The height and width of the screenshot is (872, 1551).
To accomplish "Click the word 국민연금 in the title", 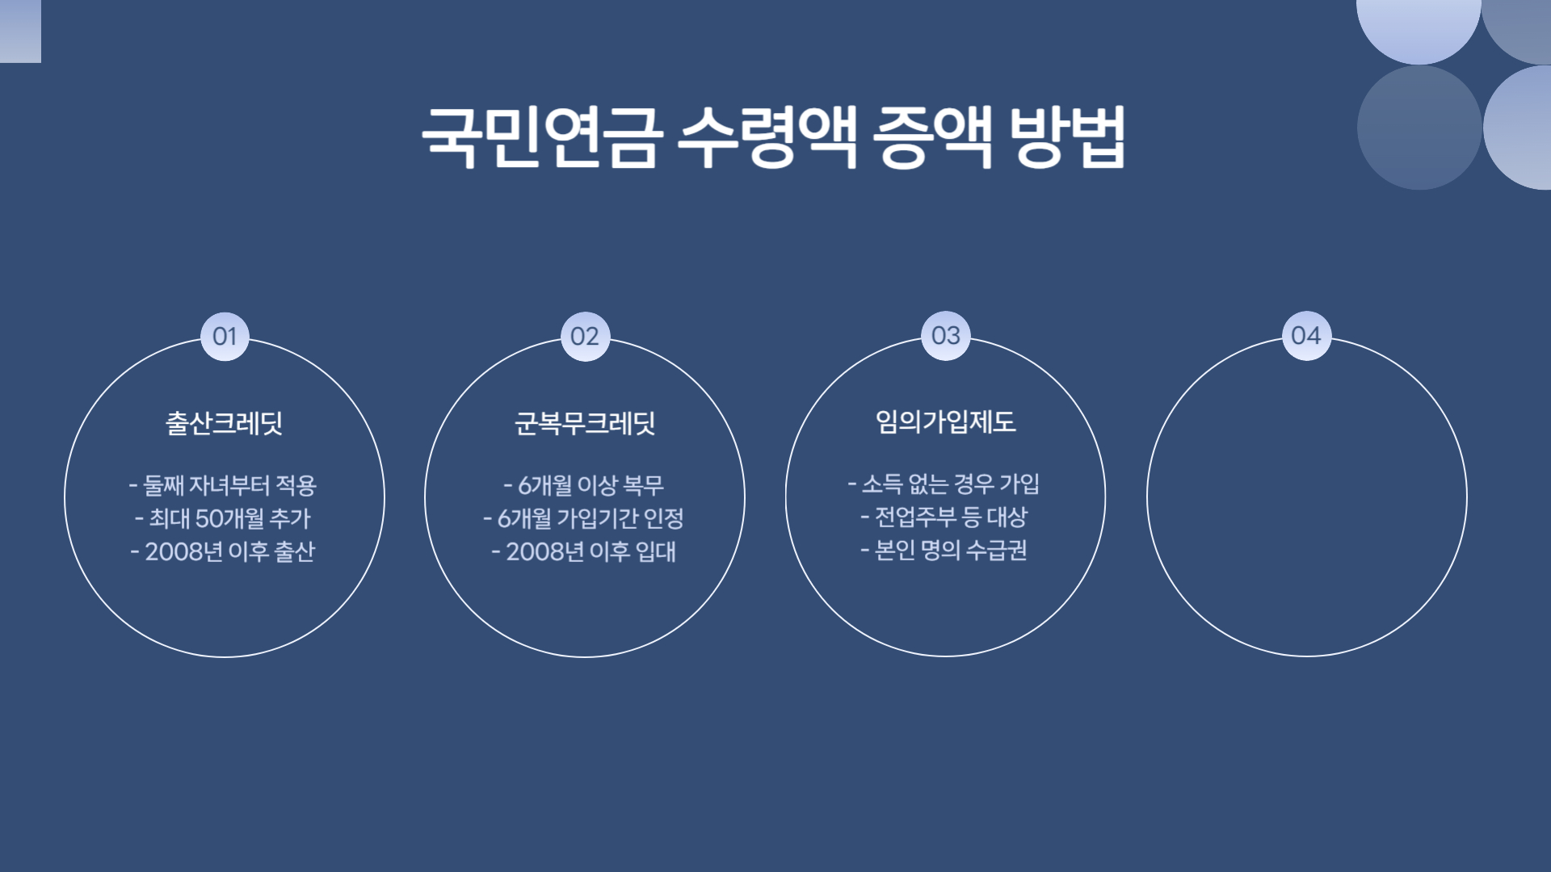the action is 541,137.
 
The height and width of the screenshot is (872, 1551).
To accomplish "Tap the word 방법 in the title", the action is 1068,137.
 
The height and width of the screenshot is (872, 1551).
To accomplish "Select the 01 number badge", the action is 225,336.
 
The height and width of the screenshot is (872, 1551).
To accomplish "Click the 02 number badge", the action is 585,336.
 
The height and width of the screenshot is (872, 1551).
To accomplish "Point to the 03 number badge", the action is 946,335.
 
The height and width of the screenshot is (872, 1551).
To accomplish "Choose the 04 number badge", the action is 1306,335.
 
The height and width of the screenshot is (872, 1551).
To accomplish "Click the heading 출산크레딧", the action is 225,423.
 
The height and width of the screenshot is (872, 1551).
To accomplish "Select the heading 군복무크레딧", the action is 585,423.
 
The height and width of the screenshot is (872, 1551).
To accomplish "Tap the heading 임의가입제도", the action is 946,421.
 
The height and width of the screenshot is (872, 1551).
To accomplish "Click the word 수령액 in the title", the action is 767,137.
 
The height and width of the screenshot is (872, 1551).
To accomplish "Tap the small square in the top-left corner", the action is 20,31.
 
